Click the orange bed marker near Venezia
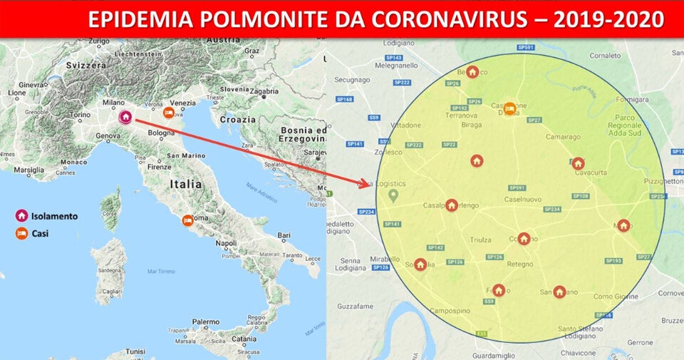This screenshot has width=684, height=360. pyautogui.click(x=169, y=112)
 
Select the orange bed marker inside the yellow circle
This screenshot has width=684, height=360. pyautogui.click(x=509, y=108)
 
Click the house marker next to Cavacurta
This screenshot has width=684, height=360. pyautogui.click(x=578, y=163)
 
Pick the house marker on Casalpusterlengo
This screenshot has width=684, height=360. pyautogui.click(x=452, y=205)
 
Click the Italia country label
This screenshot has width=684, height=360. pyautogui.click(x=186, y=183)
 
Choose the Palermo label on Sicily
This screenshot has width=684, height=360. pyautogui.click(x=205, y=322)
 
